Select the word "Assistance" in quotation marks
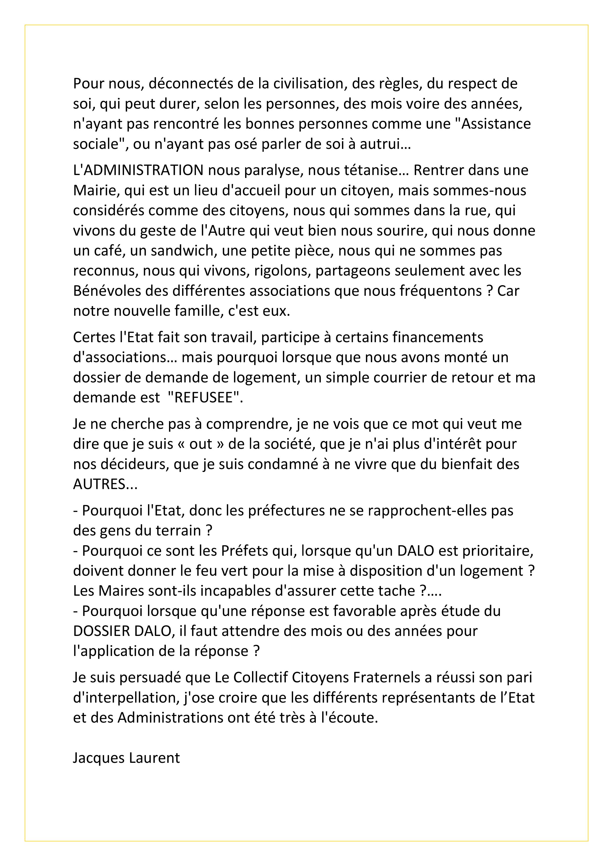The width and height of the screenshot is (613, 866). pyautogui.click(x=496, y=124)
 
